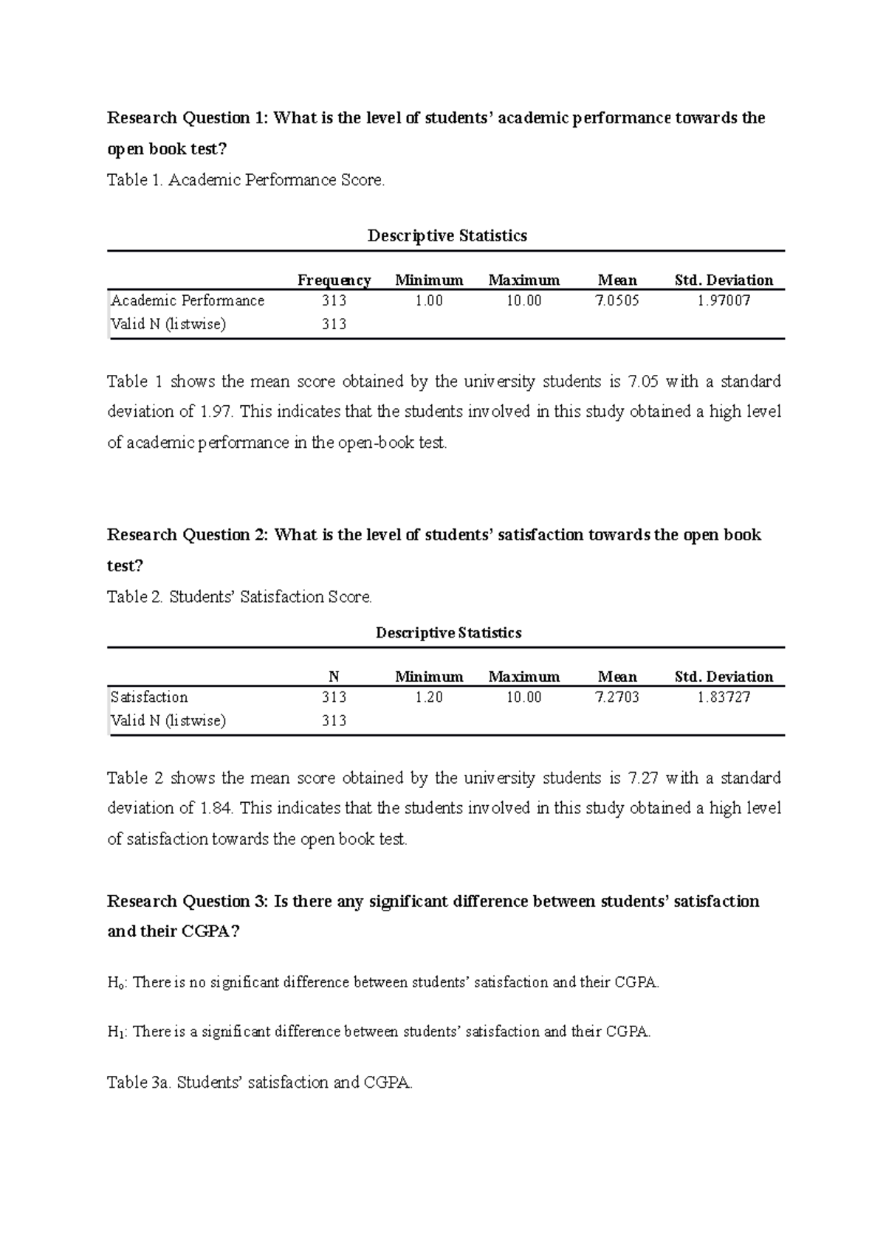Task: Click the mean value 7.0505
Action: tap(617, 300)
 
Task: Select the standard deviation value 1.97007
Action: tap(724, 300)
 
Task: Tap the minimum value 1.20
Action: tap(428, 697)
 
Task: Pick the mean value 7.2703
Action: tap(617, 697)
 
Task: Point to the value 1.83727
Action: tap(724, 697)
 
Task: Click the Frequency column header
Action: tap(334, 280)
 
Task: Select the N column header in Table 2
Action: tap(334, 677)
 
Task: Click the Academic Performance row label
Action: tap(188, 300)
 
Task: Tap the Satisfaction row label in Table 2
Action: tap(149, 697)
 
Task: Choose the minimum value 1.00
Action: tap(428, 300)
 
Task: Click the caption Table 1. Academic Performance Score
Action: tap(246, 180)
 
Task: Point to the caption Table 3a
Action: tap(260, 1083)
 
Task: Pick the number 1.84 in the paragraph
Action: tap(216, 808)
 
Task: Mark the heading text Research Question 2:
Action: tap(188, 535)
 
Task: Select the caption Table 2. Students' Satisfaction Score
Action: tap(240, 597)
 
